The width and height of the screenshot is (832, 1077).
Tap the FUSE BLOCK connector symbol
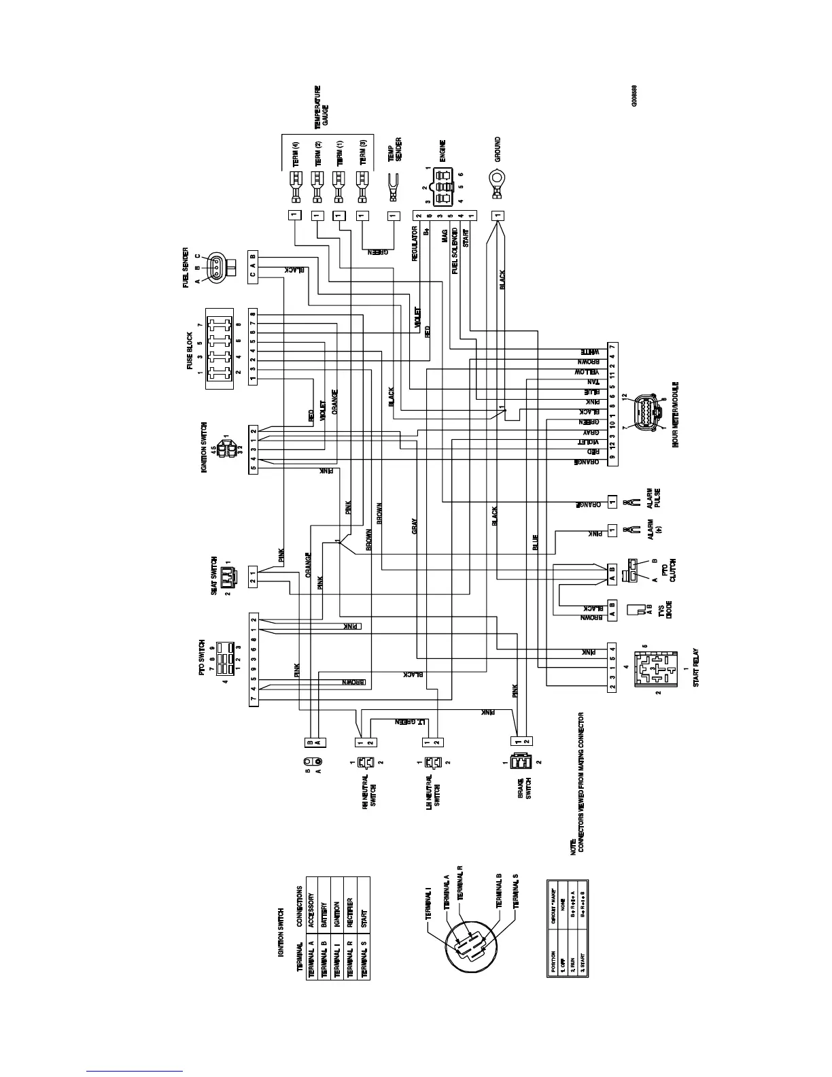click(220, 348)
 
